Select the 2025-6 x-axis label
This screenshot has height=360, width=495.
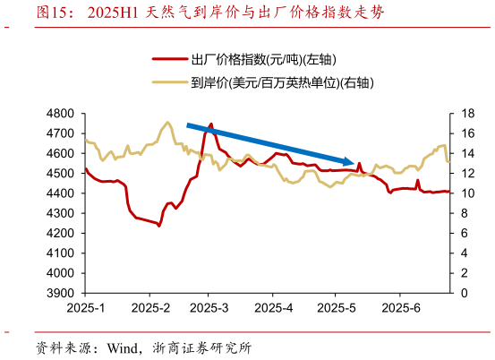pyautogui.click(x=402, y=309)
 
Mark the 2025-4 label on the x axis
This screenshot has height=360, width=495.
pyautogui.click(x=275, y=309)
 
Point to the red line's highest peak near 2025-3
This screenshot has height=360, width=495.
pyautogui.click(x=211, y=124)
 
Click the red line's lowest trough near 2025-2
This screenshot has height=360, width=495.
pyautogui.click(x=159, y=226)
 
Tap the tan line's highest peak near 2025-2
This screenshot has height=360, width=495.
pyautogui.click(x=167, y=122)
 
